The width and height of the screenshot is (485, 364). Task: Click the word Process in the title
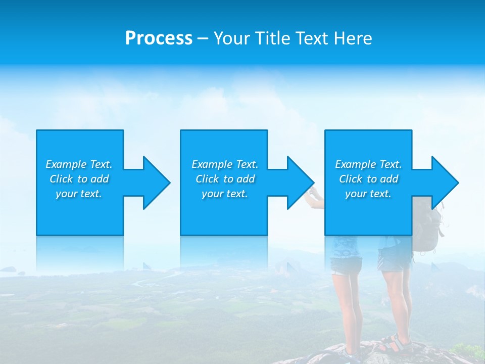point(159,38)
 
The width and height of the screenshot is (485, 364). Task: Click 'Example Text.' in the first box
point(79,164)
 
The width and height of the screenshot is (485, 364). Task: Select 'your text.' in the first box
point(79,194)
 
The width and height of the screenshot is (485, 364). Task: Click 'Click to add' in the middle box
point(225,179)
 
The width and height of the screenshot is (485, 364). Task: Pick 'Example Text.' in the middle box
point(225,164)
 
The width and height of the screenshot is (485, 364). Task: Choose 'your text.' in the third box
point(368,194)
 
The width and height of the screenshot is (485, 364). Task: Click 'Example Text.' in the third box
point(368,164)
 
